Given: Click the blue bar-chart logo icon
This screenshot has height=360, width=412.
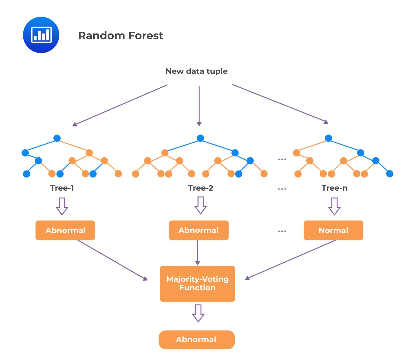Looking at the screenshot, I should (x=41, y=35).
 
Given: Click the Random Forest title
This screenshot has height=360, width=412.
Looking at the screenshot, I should (x=120, y=36).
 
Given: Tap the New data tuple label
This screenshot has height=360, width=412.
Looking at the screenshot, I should (x=196, y=71).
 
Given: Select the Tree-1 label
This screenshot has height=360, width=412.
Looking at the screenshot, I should (x=62, y=188).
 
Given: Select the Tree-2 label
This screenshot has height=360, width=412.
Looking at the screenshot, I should (x=201, y=188).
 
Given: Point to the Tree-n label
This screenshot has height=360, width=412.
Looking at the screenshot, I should (x=334, y=188).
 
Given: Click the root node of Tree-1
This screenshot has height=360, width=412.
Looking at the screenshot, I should (x=57, y=138).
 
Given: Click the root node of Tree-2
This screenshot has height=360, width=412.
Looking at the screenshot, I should (x=200, y=138).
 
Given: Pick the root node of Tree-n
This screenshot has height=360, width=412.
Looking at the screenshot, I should (x=328, y=138).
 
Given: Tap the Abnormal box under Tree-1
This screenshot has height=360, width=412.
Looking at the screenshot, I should (x=65, y=230).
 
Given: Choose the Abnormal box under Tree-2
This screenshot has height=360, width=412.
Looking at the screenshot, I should (x=199, y=230).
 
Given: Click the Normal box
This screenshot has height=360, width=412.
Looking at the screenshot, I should (x=333, y=230).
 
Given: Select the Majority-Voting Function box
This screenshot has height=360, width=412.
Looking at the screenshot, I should (x=197, y=284).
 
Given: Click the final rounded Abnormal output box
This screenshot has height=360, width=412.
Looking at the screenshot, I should (x=197, y=340).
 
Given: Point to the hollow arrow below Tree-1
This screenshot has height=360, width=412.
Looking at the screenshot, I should (x=62, y=206).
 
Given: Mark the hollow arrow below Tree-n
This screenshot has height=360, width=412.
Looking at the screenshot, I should (x=334, y=206).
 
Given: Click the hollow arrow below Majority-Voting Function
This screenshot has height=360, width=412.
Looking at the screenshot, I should (x=198, y=313).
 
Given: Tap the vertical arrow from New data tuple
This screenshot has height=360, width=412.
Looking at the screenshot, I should (x=199, y=106).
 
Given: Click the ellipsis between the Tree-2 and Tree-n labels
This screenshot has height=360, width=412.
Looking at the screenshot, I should (x=282, y=189).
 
